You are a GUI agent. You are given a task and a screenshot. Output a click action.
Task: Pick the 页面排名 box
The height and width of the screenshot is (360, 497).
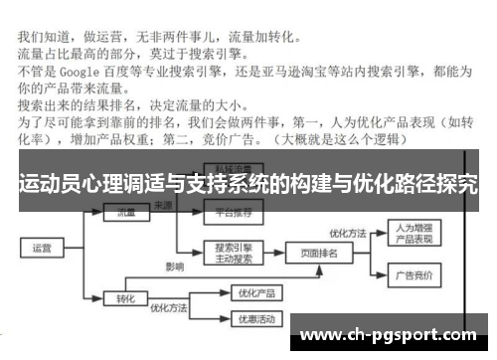point(319,254)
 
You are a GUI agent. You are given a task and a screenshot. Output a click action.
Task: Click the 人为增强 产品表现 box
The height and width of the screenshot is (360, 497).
point(410,233)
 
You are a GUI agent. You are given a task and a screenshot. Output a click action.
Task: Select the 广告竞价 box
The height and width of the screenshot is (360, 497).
point(410,273)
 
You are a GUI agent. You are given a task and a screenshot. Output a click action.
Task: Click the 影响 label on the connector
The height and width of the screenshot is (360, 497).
point(175,268)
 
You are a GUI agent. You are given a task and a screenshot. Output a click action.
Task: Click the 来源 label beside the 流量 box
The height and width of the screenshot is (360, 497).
point(162,205)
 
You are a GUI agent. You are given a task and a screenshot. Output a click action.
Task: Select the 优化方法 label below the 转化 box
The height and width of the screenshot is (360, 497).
point(167,309)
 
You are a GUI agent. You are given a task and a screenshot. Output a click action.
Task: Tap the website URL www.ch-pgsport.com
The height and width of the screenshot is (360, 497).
point(389,334)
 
